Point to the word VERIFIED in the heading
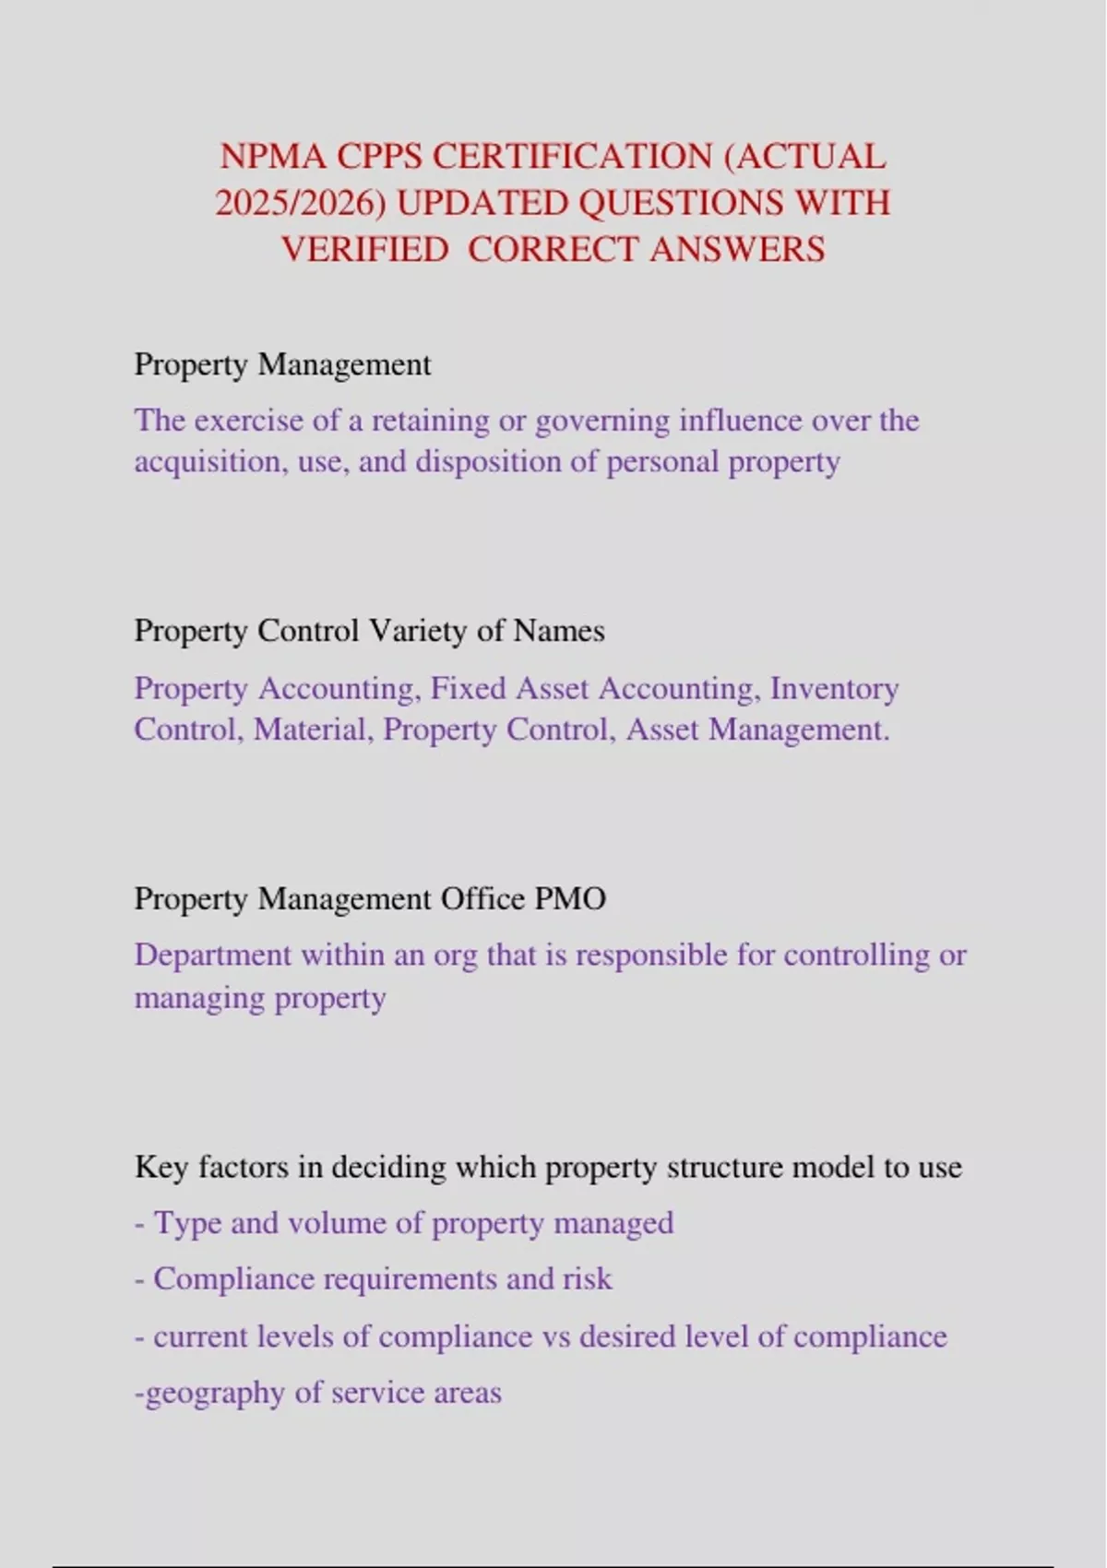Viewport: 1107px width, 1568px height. click(x=364, y=249)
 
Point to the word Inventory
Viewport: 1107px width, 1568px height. click(x=834, y=688)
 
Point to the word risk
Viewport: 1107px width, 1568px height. click(x=588, y=1279)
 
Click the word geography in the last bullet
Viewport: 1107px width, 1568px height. click(x=214, y=1393)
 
